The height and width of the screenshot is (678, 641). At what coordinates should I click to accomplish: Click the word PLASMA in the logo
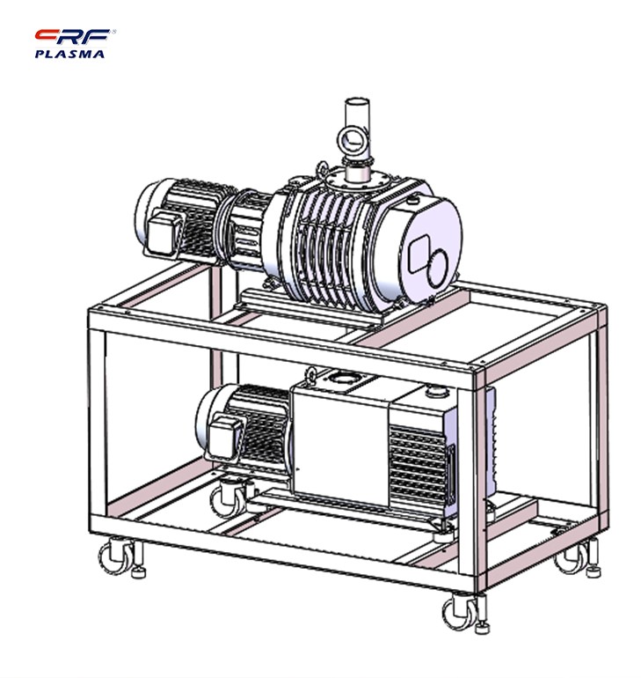pos(69,54)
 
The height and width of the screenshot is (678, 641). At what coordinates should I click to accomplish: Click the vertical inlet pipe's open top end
pos(357,103)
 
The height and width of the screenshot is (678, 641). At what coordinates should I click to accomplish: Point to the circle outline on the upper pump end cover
pos(438,267)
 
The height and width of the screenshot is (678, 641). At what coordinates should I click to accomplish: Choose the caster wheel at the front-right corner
pos(459,613)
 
